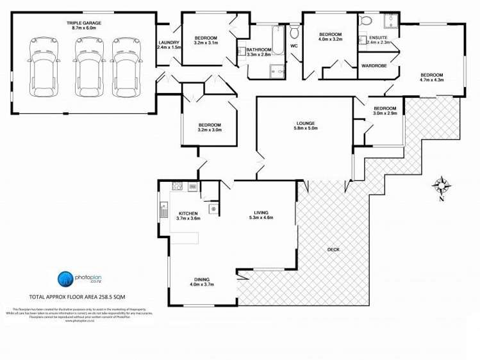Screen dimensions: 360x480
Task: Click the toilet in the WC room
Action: pyautogui.click(x=294, y=32)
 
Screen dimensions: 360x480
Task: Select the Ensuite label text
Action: pyautogui.click(x=378, y=40)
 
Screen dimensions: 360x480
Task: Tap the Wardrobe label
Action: pyautogui.click(x=374, y=65)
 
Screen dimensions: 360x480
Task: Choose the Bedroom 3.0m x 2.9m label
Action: pyautogui.click(x=385, y=111)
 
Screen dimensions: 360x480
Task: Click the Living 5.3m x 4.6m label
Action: pyautogui.click(x=261, y=215)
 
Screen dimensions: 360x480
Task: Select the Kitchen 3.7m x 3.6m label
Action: pyautogui.click(x=188, y=216)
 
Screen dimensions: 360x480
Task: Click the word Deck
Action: pyautogui.click(x=333, y=250)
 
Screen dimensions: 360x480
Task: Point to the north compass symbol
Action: pyautogui.click(x=441, y=186)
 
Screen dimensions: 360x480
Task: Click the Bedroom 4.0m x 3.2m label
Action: pyautogui.click(x=331, y=37)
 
